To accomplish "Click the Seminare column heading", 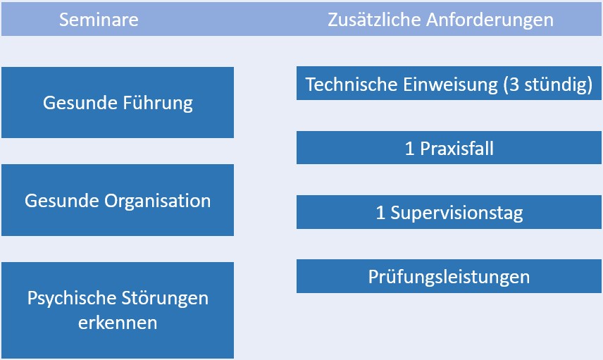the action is click(x=99, y=20).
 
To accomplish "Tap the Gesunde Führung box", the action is click(x=118, y=102).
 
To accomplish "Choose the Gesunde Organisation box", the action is click(x=118, y=200).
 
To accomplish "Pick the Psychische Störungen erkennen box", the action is click(x=118, y=311).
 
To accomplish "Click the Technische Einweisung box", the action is click(x=449, y=83).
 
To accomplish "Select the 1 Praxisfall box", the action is click(x=449, y=148).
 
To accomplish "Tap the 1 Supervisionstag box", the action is click(x=449, y=212).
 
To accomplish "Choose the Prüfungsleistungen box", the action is click(x=449, y=276).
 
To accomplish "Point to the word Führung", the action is click(x=158, y=103).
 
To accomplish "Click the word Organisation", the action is click(x=158, y=201).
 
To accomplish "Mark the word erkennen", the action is click(x=118, y=323).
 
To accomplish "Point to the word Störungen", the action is click(x=166, y=299).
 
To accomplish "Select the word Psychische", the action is click(x=73, y=299).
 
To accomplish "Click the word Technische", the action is click(x=352, y=85).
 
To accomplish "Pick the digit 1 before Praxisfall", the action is click(x=409, y=149).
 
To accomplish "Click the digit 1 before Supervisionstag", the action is click(x=380, y=213).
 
